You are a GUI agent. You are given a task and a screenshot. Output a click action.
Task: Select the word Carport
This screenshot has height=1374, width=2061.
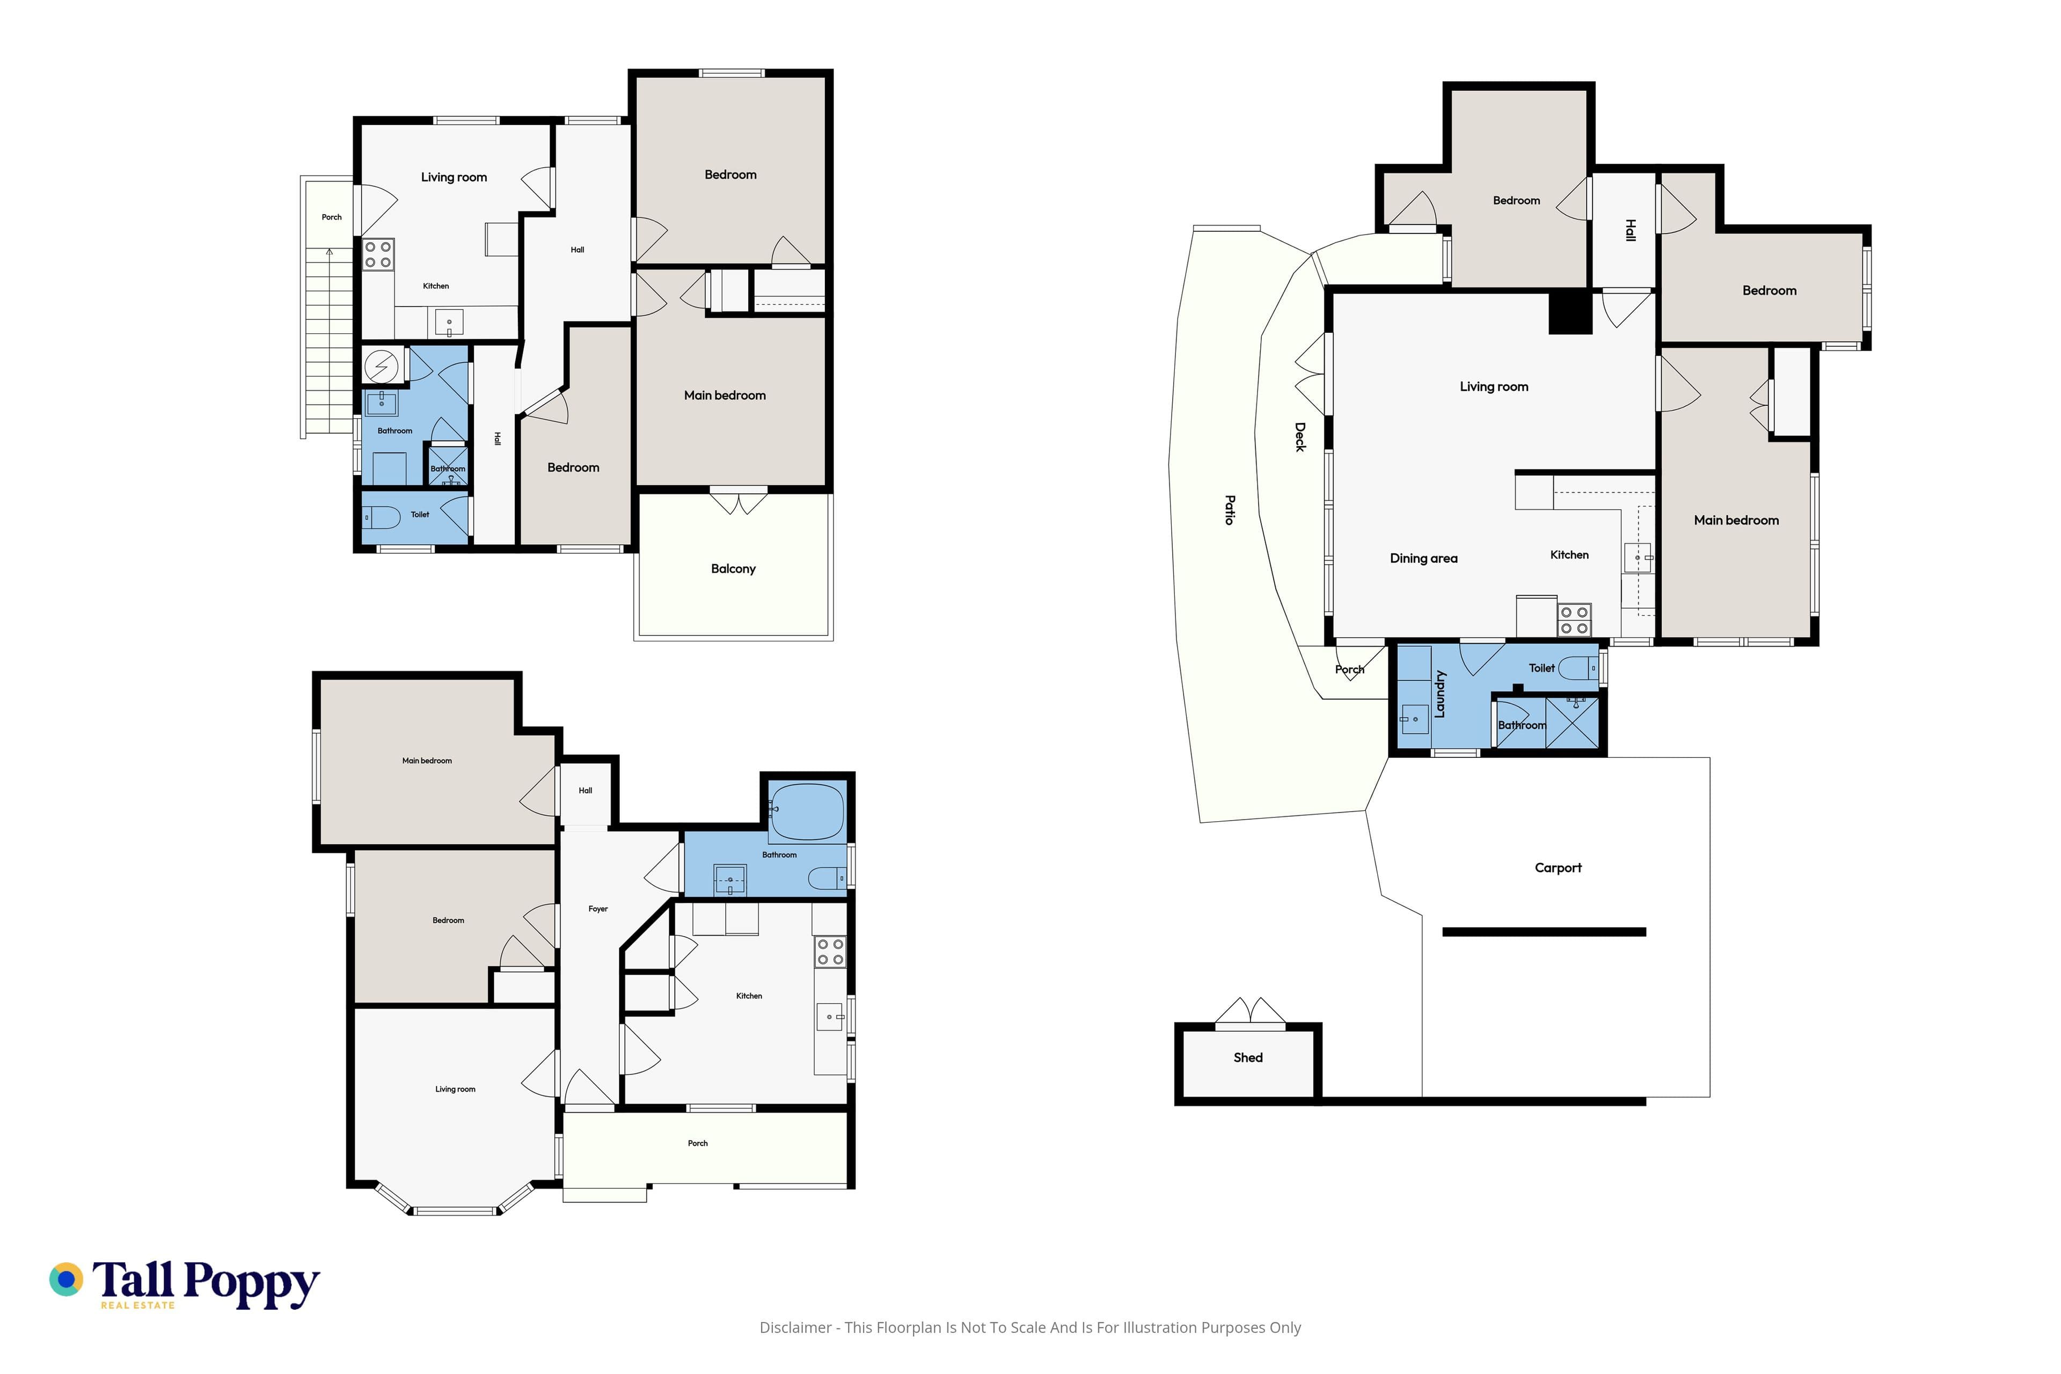click(1558, 867)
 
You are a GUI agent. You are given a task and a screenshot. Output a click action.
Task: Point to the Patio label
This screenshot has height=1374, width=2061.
click(1230, 510)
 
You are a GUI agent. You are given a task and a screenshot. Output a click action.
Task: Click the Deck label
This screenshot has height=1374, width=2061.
click(1300, 437)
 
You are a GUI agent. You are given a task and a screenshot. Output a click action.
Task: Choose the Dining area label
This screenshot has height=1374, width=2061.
click(1424, 558)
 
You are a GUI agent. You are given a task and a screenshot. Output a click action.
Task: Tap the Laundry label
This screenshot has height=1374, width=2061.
click(1439, 694)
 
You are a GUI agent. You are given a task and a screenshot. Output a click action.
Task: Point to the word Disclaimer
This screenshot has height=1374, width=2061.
click(795, 1327)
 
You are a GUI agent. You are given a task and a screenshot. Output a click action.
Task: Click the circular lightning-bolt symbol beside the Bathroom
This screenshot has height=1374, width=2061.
click(381, 366)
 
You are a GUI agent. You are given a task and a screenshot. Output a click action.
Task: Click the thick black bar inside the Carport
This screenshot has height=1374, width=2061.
click(1544, 932)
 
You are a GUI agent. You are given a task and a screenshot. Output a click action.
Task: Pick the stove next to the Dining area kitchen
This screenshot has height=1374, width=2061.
click(1574, 619)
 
